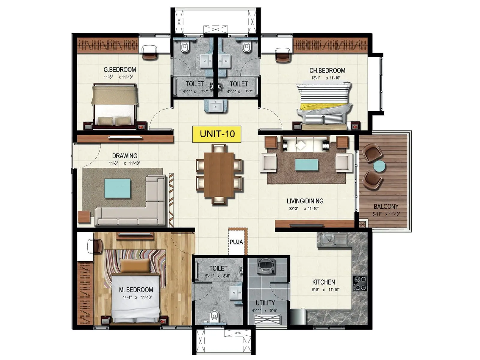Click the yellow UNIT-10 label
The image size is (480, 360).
[x=217, y=134]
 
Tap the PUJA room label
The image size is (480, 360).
[x=236, y=242]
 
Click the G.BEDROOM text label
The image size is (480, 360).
[x=120, y=70]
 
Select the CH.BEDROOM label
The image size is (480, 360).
[x=327, y=70]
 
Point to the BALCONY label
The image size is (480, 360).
[x=386, y=206]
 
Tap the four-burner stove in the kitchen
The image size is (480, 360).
[x=360, y=283]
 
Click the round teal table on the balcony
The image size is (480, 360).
[x=379, y=166]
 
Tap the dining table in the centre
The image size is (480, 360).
[x=219, y=175]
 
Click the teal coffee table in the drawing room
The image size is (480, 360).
[x=117, y=188]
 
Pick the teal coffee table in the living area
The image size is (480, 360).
[x=307, y=165]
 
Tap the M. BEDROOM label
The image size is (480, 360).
[x=136, y=290]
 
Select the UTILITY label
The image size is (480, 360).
[x=265, y=303]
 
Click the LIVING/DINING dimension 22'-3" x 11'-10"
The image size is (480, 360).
[x=304, y=209]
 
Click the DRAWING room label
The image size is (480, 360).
[x=124, y=156]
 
